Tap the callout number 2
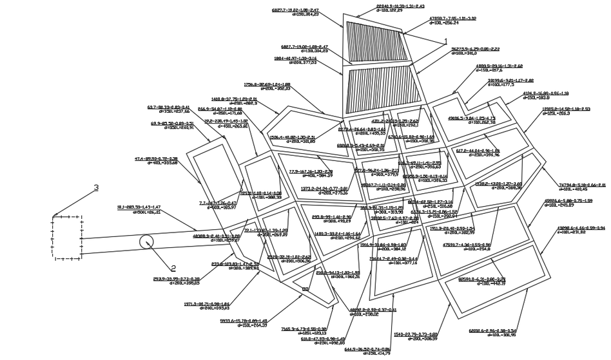pos(173,268)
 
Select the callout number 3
pos(97,188)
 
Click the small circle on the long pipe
pos(147,242)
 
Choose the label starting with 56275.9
pos(474,52)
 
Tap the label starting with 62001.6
pos(494,333)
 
